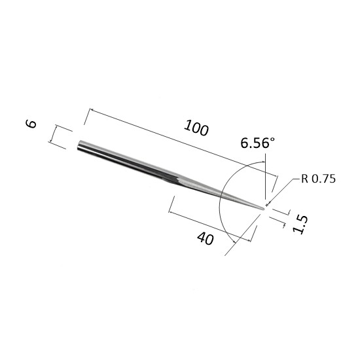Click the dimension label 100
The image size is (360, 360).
pos(196,128)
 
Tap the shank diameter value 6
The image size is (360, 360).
pos(31,124)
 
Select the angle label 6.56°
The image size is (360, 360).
pos(257,143)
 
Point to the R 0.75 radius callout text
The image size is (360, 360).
pos(318,179)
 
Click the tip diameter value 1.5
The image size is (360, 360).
pos(300,225)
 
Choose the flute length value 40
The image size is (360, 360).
pos(206,238)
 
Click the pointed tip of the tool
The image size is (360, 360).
pos(264,209)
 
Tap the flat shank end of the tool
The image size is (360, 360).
pos(79,145)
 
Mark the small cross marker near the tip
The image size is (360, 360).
pos(266,205)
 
